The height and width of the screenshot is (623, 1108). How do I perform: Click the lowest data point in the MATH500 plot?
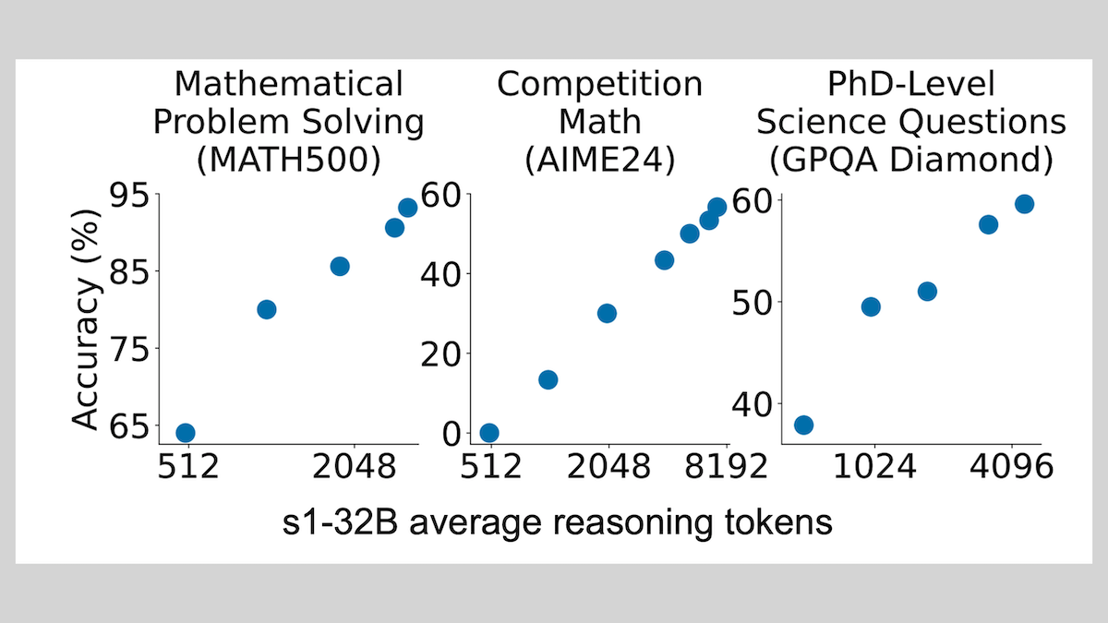(185, 433)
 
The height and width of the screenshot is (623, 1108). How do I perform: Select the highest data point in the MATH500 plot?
(407, 208)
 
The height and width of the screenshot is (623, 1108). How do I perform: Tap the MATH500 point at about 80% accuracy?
(266, 309)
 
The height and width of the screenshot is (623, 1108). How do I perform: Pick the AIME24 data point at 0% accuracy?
(489, 433)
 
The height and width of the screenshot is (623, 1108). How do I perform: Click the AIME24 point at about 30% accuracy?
(607, 313)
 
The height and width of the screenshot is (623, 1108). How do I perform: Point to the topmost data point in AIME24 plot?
(717, 208)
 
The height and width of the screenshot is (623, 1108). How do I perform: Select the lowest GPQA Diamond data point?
(803, 425)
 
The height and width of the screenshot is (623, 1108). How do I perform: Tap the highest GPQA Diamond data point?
(1024, 204)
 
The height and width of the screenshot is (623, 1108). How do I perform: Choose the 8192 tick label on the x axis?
(724, 469)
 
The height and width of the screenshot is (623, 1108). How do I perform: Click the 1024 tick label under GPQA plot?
(873, 469)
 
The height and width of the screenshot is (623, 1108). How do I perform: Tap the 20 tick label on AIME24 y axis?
(440, 353)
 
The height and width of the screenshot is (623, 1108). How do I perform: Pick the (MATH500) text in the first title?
(289, 160)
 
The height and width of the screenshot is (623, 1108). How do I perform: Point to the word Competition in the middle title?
(599, 85)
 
